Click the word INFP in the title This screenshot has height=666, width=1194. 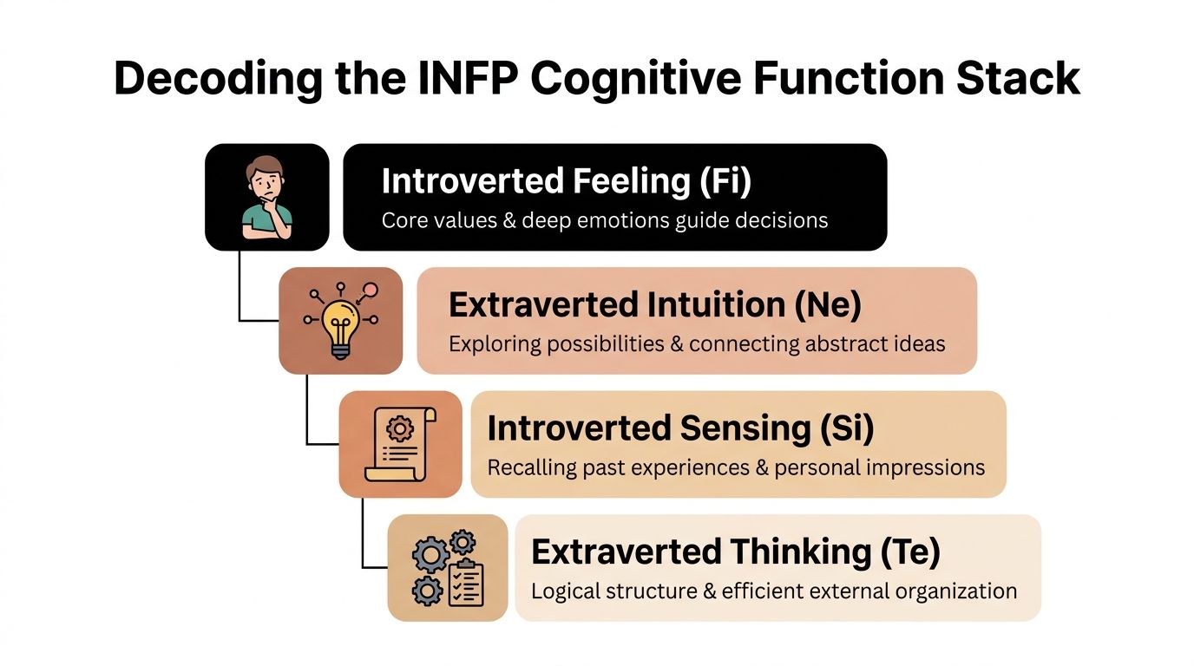coord(468,78)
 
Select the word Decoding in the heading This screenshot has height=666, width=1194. coord(218,80)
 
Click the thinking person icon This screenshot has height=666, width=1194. coord(267,197)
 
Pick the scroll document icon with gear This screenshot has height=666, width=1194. coord(400,444)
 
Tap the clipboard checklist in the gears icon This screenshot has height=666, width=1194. coord(466,583)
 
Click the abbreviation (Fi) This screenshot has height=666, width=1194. coord(725,180)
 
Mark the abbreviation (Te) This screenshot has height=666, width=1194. coord(910,552)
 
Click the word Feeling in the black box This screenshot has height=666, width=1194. coord(632,182)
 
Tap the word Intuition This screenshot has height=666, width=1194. coord(716,304)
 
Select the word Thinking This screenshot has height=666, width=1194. coord(800,552)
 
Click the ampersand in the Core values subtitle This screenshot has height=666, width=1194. coord(509,220)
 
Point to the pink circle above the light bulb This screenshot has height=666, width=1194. coord(371,290)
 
